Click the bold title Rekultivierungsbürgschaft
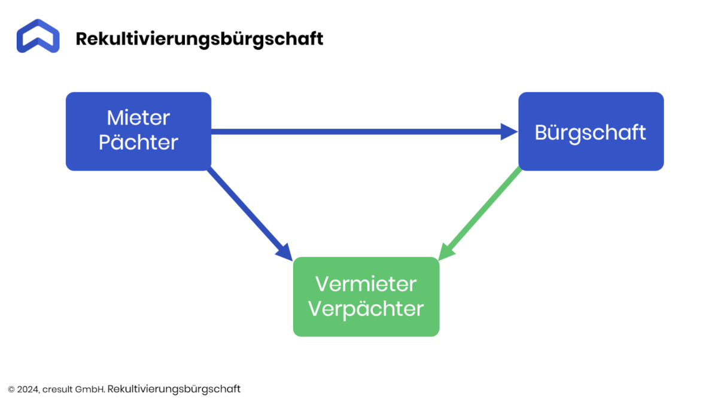coord(199,39)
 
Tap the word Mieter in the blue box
coord(138,118)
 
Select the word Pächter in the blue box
coord(138,142)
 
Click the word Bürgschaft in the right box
coord(590,133)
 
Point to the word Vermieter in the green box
coord(366,284)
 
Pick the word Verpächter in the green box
coord(366,309)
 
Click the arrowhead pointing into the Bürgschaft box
coord(509,132)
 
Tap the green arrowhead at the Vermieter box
coord(446,252)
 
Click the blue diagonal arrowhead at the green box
coord(285,253)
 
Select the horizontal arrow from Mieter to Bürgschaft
coord(364,132)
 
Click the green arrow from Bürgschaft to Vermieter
coord(479,214)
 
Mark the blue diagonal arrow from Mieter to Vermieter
coord(250,214)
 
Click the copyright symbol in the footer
coord(11,390)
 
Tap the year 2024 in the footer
coord(28,390)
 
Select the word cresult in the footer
coord(57,390)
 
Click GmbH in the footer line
coord(90,390)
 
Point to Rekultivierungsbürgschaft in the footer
coord(174,389)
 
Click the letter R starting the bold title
coord(83,39)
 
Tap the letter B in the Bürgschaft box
coord(541,133)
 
